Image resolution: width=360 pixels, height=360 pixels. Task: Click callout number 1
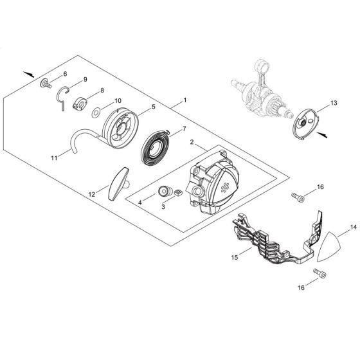tap(185, 100)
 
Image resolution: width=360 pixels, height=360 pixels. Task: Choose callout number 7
tap(184, 128)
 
